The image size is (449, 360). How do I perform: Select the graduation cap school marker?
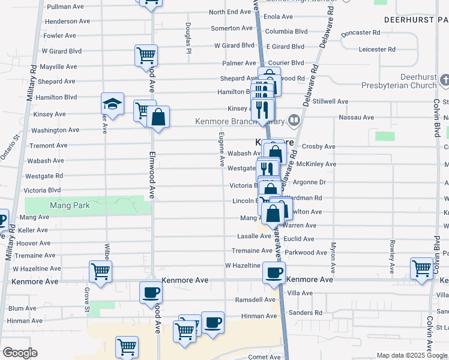(x=112, y=103)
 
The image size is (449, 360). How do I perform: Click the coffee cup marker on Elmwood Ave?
(x=151, y=293)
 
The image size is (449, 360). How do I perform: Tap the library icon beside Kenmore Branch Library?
(x=294, y=120)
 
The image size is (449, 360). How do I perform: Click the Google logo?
(x=19, y=353)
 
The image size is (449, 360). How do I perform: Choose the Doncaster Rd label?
(x=360, y=32)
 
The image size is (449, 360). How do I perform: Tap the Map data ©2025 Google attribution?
(x=411, y=355)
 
